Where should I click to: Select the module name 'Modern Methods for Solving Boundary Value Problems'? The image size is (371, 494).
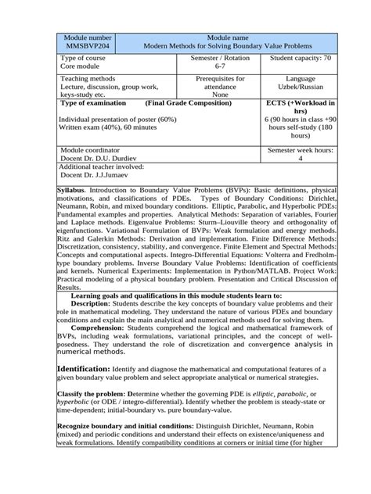(x=227, y=47)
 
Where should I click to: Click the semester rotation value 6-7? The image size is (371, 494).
(x=211, y=68)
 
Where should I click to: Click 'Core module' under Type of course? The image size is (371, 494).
(x=84, y=68)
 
